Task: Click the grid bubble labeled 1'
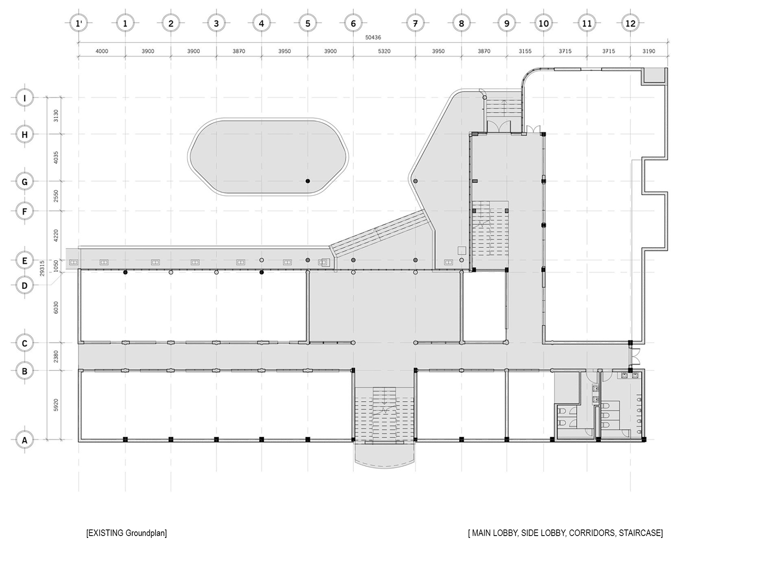coord(79,23)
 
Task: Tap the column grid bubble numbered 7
coord(415,23)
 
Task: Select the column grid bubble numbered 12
coord(630,23)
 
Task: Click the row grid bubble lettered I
coord(24,98)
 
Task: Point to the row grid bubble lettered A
coord(24,440)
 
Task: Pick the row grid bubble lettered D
coord(24,285)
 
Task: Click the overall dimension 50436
coord(373,37)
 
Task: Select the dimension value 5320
coord(384,51)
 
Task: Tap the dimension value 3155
coord(525,51)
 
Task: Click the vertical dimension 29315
coord(42,268)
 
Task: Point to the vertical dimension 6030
coord(56,307)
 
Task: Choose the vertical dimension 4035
coord(56,157)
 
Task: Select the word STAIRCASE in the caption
coord(641,533)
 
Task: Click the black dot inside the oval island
coord(308,181)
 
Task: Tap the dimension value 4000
coord(102,51)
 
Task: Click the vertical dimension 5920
coord(56,405)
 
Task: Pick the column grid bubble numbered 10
coord(543,23)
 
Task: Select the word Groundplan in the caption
coord(146,533)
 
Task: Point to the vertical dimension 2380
coord(56,356)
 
